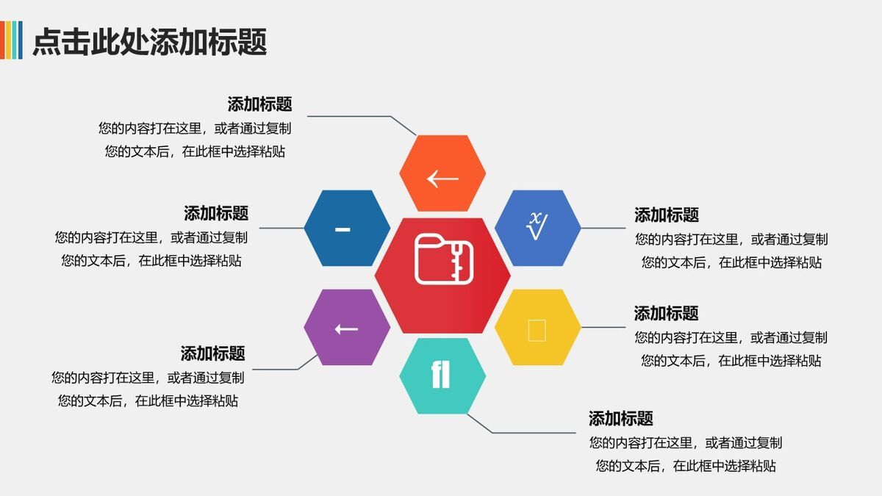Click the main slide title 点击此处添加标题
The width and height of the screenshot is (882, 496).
coord(149,41)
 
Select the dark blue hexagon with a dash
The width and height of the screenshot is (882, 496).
coord(347,229)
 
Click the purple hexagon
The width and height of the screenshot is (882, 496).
coord(347,328)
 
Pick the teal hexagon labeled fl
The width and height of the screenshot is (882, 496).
coord(442,375)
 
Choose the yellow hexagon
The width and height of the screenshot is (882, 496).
coord(537,328)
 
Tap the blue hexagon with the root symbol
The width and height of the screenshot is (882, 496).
coord(537,228)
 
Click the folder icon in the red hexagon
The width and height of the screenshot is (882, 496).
coord(444,259)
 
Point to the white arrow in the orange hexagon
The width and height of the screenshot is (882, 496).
coord(442,178)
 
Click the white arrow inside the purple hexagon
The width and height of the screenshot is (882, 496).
coord(346,328)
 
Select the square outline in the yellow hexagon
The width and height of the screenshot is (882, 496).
coord(537,330)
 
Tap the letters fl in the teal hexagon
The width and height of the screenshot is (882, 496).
coord(440,374)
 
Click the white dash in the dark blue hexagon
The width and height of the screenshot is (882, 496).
coord(343,229)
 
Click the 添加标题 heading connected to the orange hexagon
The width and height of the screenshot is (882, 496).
coord(259,104)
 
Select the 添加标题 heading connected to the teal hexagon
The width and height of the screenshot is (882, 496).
coord(621,419)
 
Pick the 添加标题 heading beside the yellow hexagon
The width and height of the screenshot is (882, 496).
coord(667,313)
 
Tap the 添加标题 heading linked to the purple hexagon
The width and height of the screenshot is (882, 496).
coord(213,353)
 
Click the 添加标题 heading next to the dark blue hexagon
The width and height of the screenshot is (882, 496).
coord(216,213)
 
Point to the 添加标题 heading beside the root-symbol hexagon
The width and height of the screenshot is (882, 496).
coord(667,215)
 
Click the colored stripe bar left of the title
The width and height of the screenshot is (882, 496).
coord(11,40)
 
